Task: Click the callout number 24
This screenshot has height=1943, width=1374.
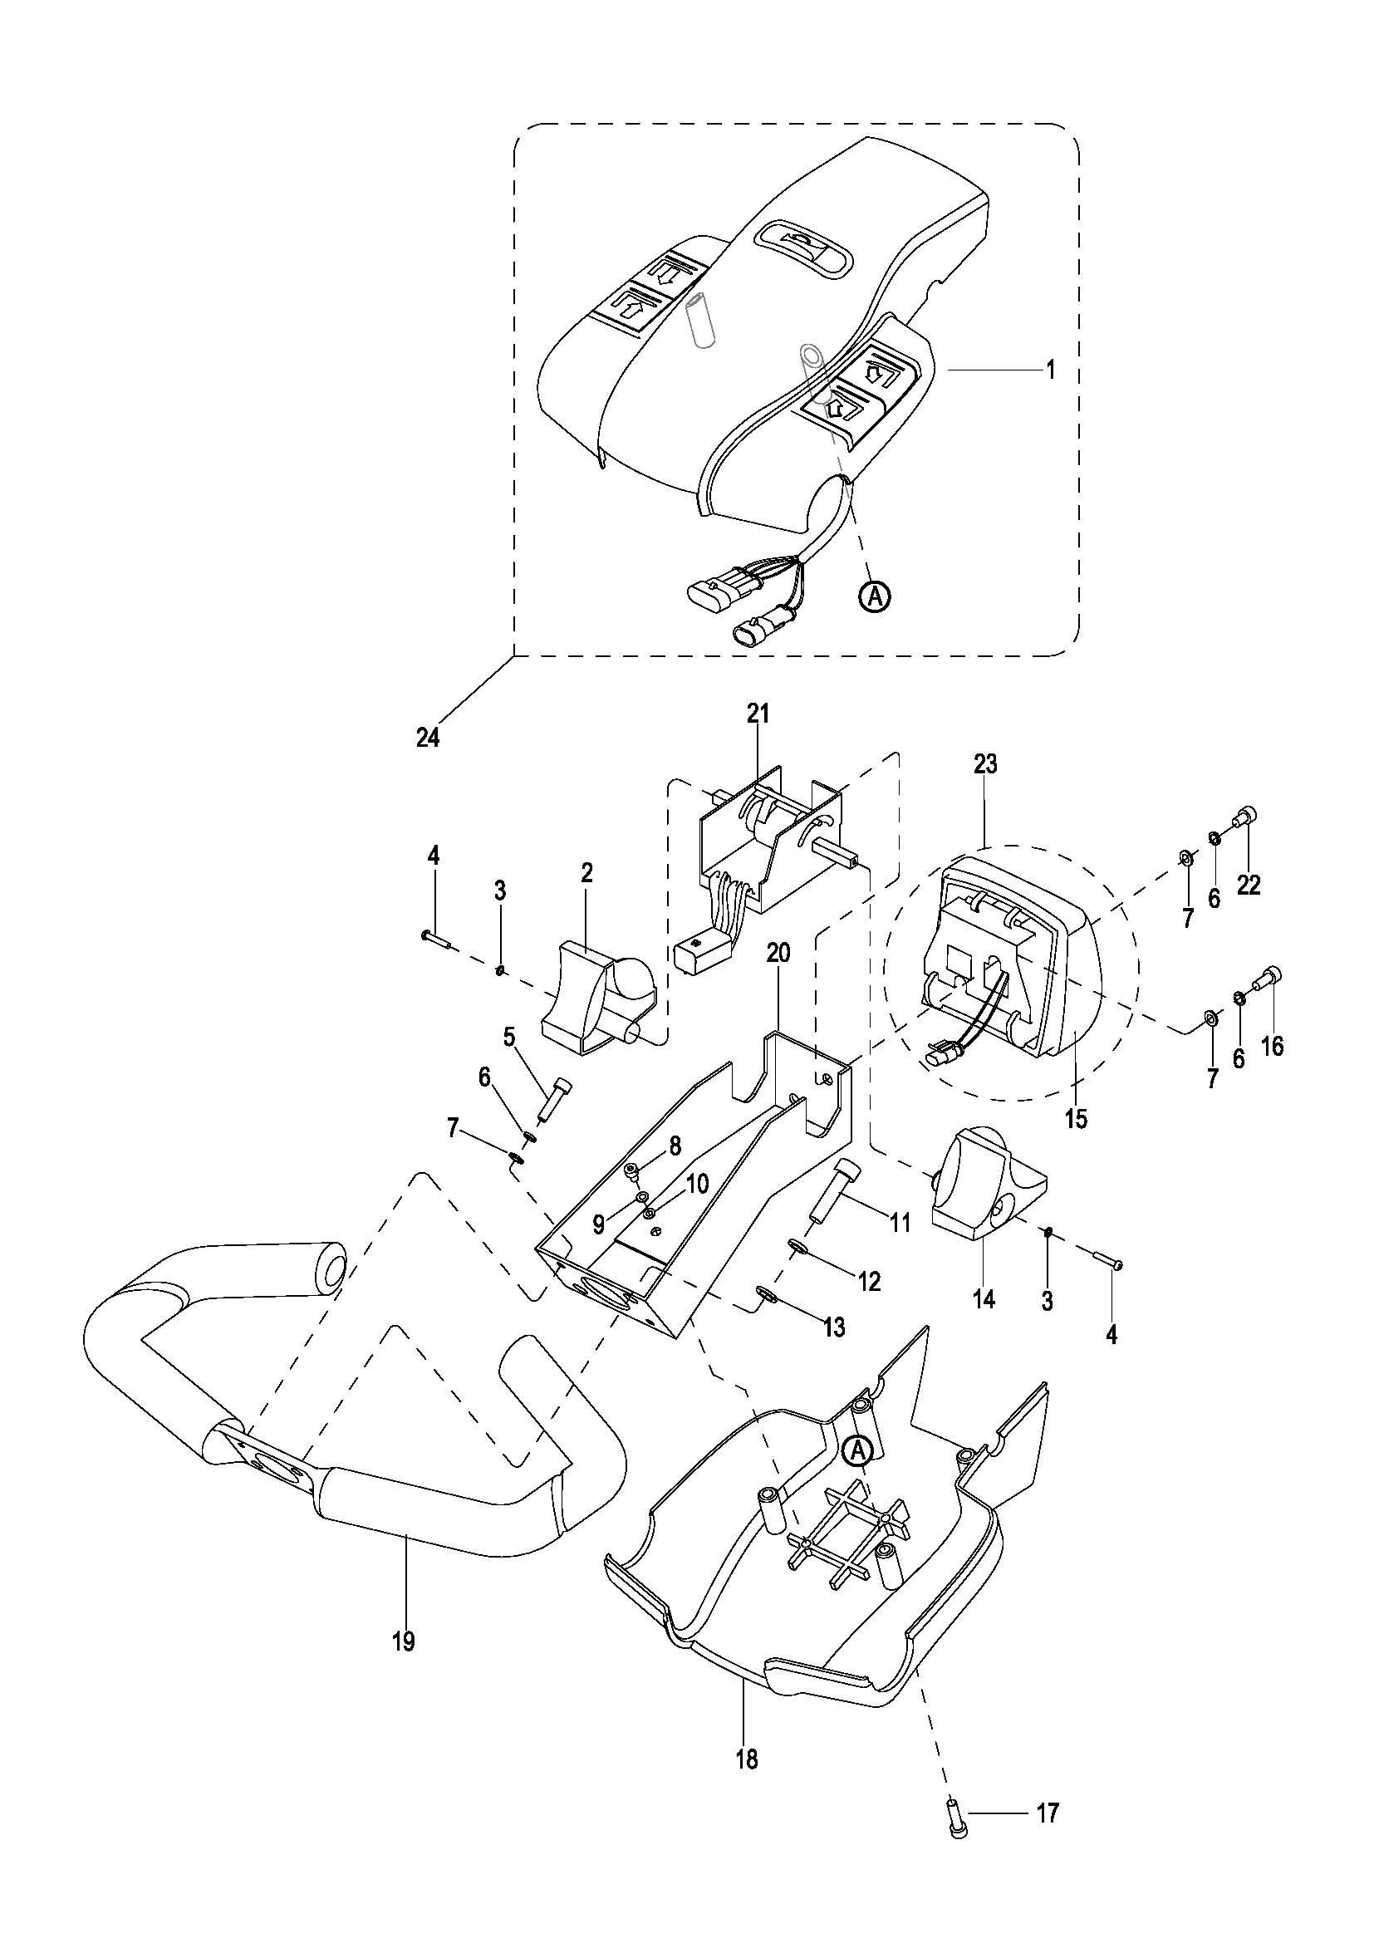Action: (428, 738)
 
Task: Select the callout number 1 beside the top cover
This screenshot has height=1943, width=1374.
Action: (1051, 370)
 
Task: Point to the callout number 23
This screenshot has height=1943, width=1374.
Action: (986, 765)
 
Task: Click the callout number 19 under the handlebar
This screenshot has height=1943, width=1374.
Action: (405, 1641)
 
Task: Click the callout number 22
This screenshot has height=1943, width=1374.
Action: (1249, 885)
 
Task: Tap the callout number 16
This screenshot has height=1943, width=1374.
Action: (1273, 1047)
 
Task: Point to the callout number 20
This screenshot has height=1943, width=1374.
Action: (778, 953)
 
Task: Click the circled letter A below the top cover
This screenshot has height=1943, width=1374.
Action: (875, 596)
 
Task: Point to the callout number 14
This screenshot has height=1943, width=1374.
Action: (985, 1299)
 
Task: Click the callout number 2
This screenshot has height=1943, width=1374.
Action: (587, 872)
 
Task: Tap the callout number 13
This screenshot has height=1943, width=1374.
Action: (834, 1327)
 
